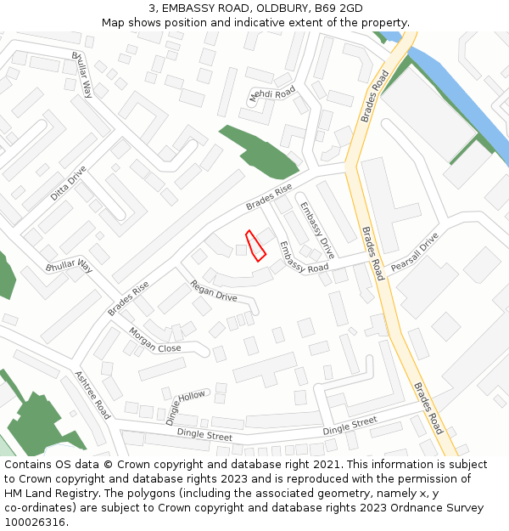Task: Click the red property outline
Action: tap(255, 246)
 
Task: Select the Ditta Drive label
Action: tap(68, 183)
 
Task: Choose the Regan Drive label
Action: tap(213, 291)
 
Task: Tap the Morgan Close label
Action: tap(155, 340)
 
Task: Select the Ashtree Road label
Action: tap(92, 394)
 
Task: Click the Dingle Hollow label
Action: tap(185, 408)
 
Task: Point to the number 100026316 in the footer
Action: tap(34, 523)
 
